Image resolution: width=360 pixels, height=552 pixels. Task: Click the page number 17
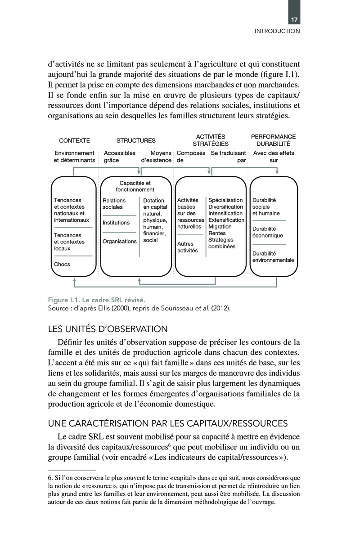point(295,20)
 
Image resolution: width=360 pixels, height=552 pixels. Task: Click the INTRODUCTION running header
point(277,31)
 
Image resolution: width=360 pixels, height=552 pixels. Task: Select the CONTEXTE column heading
point(74,140)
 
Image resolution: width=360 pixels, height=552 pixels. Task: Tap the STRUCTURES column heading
point(136,140)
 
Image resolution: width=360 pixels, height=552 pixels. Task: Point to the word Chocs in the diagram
point(62,264)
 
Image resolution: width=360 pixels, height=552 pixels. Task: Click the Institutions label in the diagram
point(116,223)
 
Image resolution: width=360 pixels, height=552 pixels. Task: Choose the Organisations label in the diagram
point(119,241)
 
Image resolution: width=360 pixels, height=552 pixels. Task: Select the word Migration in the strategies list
point(220,227)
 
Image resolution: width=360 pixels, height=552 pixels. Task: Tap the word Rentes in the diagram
point(217,233)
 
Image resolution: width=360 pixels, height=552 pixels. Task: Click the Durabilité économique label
point(267,232)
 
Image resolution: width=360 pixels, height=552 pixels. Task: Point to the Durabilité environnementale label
point(273,257)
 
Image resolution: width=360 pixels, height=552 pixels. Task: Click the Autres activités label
point(188,247)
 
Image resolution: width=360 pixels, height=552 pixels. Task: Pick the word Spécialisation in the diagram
point(225,200)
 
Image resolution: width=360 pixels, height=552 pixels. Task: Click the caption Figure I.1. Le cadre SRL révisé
point(96,300)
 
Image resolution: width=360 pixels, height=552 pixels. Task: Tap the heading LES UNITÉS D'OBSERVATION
point(108,329)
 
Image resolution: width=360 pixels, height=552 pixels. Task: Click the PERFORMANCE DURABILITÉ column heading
point(273,140)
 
